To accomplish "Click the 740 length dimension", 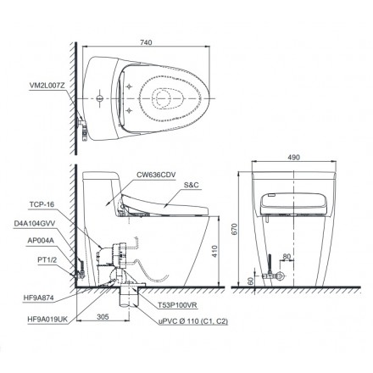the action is [146, 42].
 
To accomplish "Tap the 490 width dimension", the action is [294, 158].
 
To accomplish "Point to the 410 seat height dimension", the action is [214, 251].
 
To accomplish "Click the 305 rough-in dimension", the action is [103, 317].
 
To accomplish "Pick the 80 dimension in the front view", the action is [287, 257].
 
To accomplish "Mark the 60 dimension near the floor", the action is [251, 281].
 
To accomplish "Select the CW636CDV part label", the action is [156, 175].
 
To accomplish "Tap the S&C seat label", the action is [192, 185].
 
